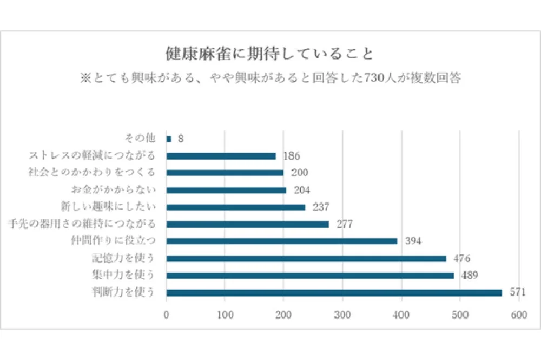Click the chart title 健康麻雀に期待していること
269,55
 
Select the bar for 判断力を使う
334,293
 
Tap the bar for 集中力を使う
310,276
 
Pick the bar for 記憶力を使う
306,258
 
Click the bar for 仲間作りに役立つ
282,241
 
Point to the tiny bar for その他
169,139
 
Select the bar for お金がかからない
226,190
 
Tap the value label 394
413,241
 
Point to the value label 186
291,156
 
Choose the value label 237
321,207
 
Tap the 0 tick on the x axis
166,314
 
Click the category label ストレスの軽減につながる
92,156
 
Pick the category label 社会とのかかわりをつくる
92,173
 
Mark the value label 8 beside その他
181,139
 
